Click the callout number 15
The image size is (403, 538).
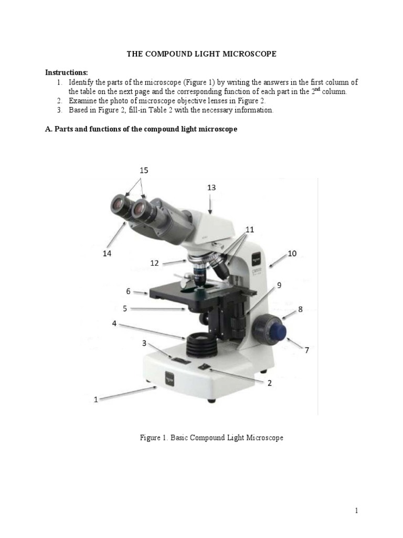pyautogui.click(x=144, y=170)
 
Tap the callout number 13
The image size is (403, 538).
pyautogui.click(x=211, y=188)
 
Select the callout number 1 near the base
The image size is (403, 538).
pyautogui.click(x=96, y=399)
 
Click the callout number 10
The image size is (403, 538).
pyautogui.click(x=292, y=253)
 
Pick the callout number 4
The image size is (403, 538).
pyautogui.click(x=114, y=324)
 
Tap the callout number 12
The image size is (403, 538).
pyautogui.click(x=154, y=263)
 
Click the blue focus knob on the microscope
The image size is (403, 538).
pyautogui.click(x=272, y=330)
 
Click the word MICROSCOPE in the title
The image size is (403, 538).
pyautogui.click(x=248, y=54)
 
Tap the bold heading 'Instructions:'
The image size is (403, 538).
pyautogui.click(x=67, y=72)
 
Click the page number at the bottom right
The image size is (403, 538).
pyautogui.click(x=355, y=510)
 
